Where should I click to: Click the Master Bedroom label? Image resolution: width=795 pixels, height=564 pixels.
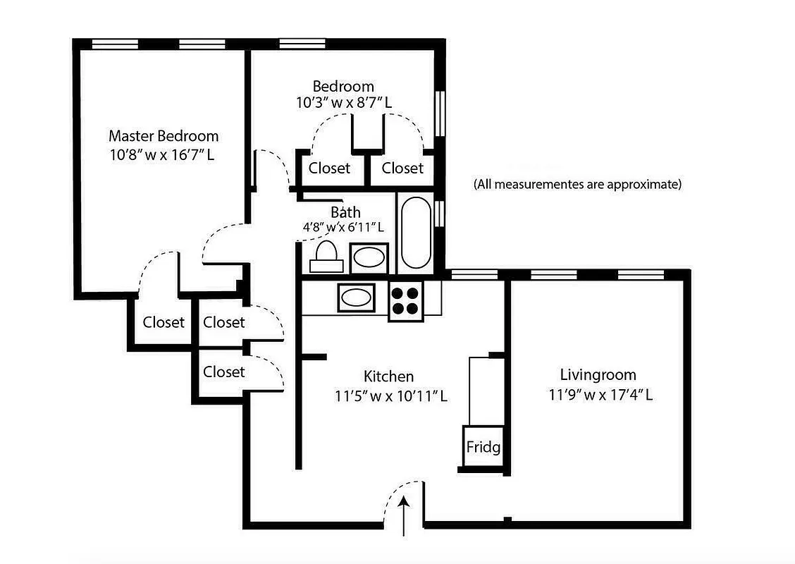pos(164,135)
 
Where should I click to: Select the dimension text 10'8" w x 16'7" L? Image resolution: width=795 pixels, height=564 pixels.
pos(162,154)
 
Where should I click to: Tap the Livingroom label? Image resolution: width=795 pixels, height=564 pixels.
pos(598,374)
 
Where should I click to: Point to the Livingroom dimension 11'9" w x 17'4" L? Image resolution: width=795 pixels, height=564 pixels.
pos(600,395)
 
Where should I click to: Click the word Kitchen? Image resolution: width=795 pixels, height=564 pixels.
pos(388,376)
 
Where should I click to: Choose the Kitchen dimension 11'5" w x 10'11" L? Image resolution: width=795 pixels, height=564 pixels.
pos(391,396)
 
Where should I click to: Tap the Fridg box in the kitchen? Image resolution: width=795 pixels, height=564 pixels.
pos(483,447)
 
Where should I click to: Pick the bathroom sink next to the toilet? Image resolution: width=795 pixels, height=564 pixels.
pos(369,257)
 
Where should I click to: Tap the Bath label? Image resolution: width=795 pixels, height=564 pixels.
pos(345,211)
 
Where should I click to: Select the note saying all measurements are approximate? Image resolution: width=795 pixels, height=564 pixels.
pos(577,185)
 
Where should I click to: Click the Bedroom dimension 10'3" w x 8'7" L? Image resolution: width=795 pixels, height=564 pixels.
pos(344,102)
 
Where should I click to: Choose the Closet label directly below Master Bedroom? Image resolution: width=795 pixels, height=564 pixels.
pos(164,322)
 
